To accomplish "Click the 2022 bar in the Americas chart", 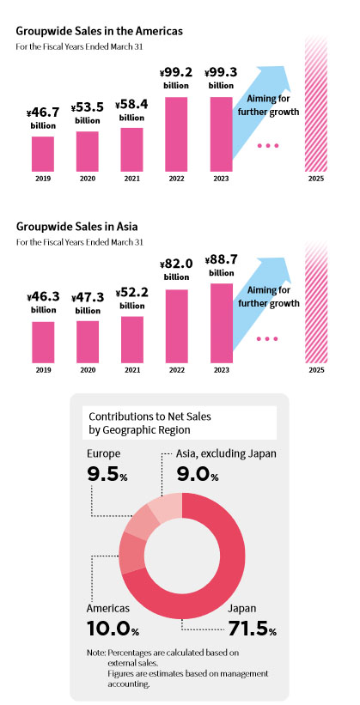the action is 176,134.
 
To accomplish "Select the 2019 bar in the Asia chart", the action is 43,342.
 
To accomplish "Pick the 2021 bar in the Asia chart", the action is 132,339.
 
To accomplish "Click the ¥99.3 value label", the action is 221,72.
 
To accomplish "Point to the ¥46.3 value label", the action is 43,297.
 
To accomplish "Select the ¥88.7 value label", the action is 221,260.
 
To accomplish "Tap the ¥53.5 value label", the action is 88,107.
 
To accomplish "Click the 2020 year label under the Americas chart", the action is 88,179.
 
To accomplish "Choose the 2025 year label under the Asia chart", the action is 316,370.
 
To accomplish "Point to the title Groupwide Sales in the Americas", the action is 100,32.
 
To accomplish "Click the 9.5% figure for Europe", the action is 107,473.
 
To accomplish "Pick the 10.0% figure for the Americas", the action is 113,628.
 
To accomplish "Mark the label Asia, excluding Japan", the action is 226,453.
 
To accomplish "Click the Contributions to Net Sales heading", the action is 149,416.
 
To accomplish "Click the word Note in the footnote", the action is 96,653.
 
